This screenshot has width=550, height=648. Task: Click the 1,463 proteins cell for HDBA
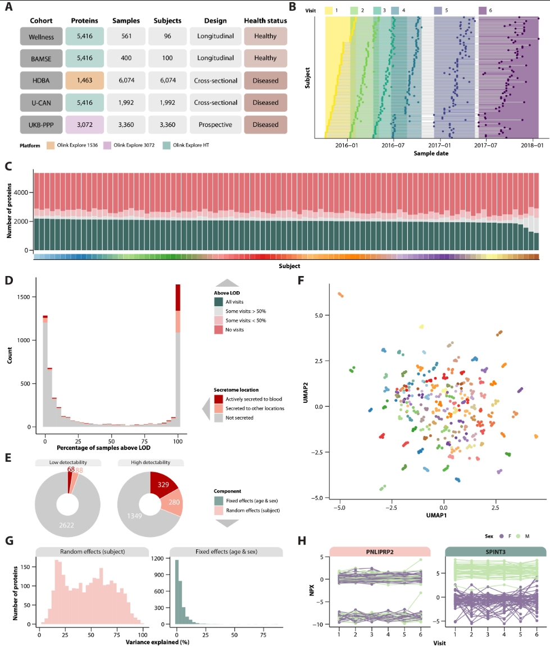click(84, 80)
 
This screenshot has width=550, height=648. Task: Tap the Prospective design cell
click(215, 125)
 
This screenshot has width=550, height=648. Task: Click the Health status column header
click(265, 21)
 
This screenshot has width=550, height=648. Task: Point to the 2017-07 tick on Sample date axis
click(485, 145)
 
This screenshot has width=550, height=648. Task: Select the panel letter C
click(8, 166)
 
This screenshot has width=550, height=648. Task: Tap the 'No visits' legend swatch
click(219, 329)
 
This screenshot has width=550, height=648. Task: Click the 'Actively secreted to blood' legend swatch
click(219, 399)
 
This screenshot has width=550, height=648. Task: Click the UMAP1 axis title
click(444, 513)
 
